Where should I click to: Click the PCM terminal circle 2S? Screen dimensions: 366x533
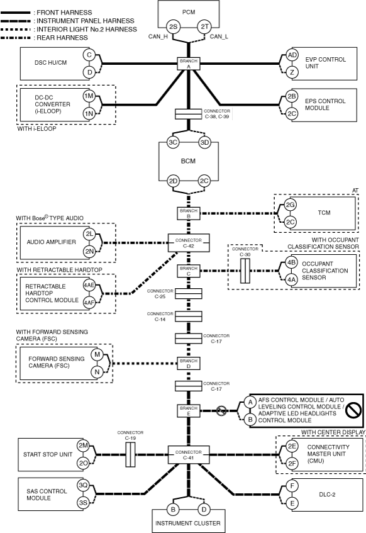[x=173, y=26]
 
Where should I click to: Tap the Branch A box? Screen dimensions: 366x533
[x=189, y=64]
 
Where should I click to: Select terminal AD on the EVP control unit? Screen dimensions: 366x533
[x=292, y=55]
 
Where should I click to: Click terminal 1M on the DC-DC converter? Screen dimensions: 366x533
[x=89, y=96]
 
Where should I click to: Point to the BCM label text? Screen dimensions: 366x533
[x=188, y=161]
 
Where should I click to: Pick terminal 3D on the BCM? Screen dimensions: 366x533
[x=204, y=142]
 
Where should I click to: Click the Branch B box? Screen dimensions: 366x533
[x=189, y=213]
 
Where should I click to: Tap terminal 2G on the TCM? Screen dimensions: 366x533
[x=290, y=205]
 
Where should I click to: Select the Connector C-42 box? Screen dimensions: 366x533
[x=189, y=243]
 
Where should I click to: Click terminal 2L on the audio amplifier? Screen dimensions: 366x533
[x=89, y=234]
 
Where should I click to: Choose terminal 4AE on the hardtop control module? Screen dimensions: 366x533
[x=89, y=285]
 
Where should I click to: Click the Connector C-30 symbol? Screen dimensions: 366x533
[x=245, y=271]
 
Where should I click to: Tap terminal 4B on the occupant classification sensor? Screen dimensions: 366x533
[x=291, y=262]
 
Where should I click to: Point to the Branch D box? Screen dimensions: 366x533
[x=189, y=363]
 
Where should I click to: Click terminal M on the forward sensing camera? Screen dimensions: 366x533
[x=97, y=355]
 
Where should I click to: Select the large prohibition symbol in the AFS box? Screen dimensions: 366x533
[x=353, y=410]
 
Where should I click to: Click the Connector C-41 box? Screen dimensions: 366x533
[x=189, y=455]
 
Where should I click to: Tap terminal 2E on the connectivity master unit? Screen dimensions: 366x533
[x=292, y=446]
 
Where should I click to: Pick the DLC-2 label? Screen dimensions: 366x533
[x=327, y=494]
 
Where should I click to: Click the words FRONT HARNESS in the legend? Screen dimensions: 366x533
[x=64, y=13]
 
